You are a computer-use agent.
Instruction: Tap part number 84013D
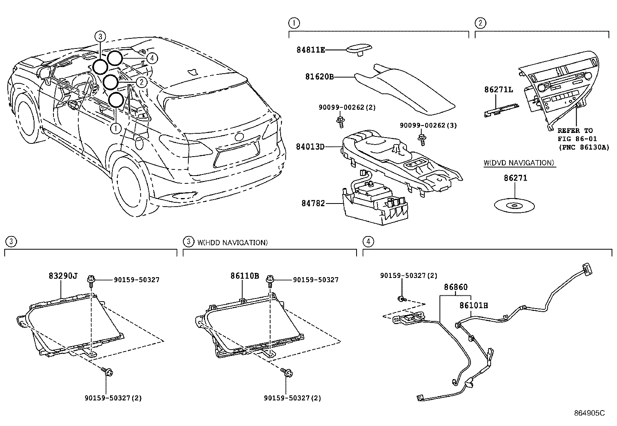tap(310, 147)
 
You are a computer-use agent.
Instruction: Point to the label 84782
tap(313, 203)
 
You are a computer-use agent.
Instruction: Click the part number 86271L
tap(498, 90)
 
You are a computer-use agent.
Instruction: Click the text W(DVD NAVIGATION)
tap(519, 163)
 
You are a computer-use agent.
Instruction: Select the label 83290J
tap(63, 276)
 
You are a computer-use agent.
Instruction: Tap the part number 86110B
tap(245, 276)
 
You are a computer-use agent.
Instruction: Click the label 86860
tap(456, 287)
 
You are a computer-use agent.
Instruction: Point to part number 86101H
tap(474, 306)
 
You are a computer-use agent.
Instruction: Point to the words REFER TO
tap(575, 131)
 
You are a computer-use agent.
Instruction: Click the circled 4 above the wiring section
tap(368, 241)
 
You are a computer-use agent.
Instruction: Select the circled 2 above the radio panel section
tap(480, 23)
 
